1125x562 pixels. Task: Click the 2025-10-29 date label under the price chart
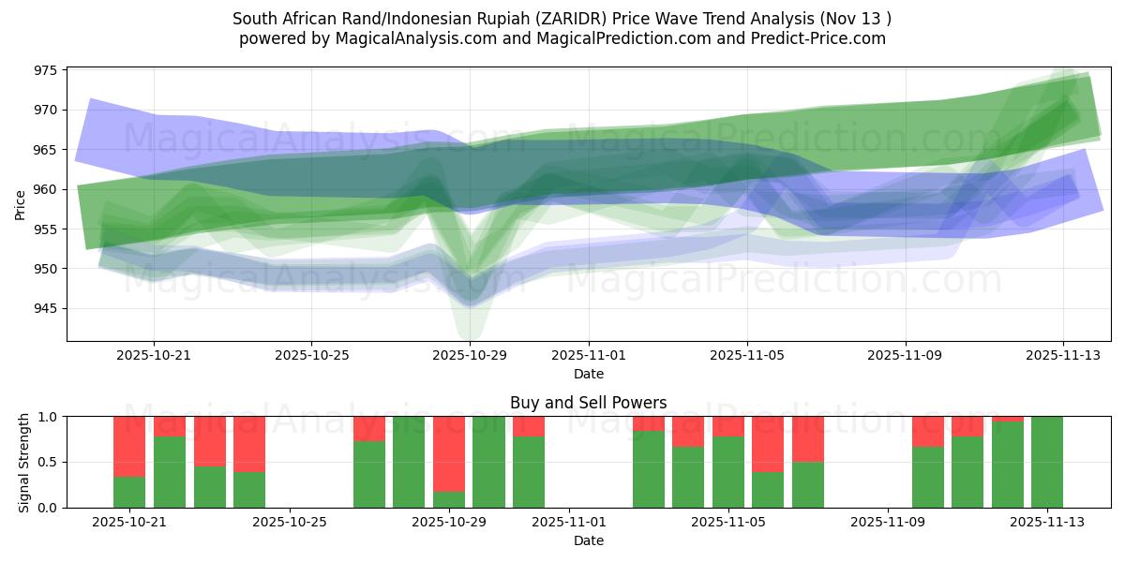470,356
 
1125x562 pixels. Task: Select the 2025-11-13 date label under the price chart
1063,356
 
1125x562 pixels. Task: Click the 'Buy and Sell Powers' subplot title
588,403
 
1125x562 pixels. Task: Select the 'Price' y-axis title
21,204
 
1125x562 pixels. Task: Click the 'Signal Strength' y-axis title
25,462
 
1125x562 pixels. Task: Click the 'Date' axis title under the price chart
588,374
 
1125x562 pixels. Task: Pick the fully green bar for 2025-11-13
1047,462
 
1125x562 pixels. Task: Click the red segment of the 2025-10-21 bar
129,446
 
